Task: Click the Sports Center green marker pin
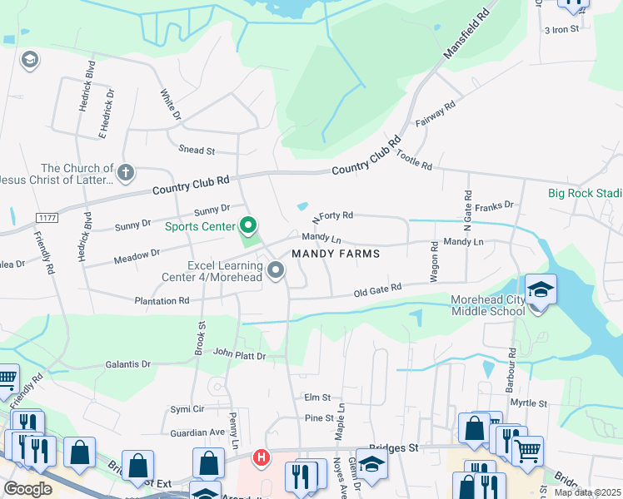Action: tap(247, 225)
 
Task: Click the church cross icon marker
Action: tap(125, 174)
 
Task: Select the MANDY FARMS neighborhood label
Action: tap(335, 253)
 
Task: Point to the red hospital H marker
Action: tap(262, 457)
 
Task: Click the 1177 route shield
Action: tap(47, 218)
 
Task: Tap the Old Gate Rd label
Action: tap(378, 290)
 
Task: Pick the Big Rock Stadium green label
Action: tap(585, 193)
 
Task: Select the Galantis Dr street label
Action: tap(127, 364)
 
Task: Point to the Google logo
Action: tap(27, 488)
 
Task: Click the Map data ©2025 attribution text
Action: tap(587, 492)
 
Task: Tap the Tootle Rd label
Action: tap(414, 161)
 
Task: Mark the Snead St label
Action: tap(197, 151)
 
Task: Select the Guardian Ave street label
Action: tap(197, 432)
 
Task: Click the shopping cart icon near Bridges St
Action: tap(527, 452)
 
